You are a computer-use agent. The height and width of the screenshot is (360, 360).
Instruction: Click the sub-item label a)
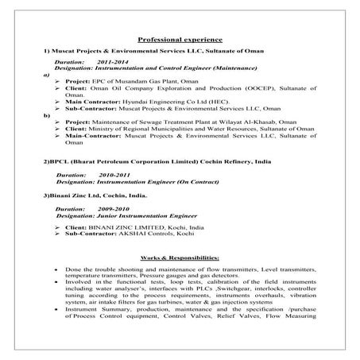click(46, 74)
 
